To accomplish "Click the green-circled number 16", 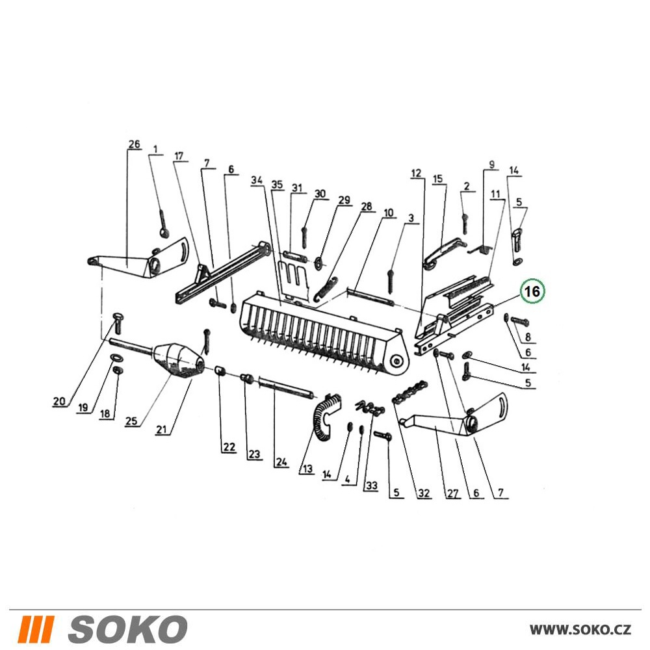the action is tap(532, 291).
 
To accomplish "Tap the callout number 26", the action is tap(134, 144).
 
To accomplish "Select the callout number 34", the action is tap(257, 180).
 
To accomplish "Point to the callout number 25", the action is tap(131, 421).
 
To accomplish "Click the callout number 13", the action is tap(307, 469).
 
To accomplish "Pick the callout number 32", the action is tap(424, 493).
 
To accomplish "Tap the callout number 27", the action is tap(452, 493).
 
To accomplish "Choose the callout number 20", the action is tap(59, 401).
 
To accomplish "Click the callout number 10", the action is tap(389, 213).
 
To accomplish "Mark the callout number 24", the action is tap(281, 461).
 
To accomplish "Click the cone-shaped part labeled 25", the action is tap(179, 360).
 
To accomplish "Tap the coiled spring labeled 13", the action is tap(327, 416).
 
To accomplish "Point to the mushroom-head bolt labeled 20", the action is tap(116, 323).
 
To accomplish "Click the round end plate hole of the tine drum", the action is tap(397, 361).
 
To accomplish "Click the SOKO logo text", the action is tap(127, 629).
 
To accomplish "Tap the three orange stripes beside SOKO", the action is tap(37, 629).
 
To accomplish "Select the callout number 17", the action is tap(179, 156).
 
